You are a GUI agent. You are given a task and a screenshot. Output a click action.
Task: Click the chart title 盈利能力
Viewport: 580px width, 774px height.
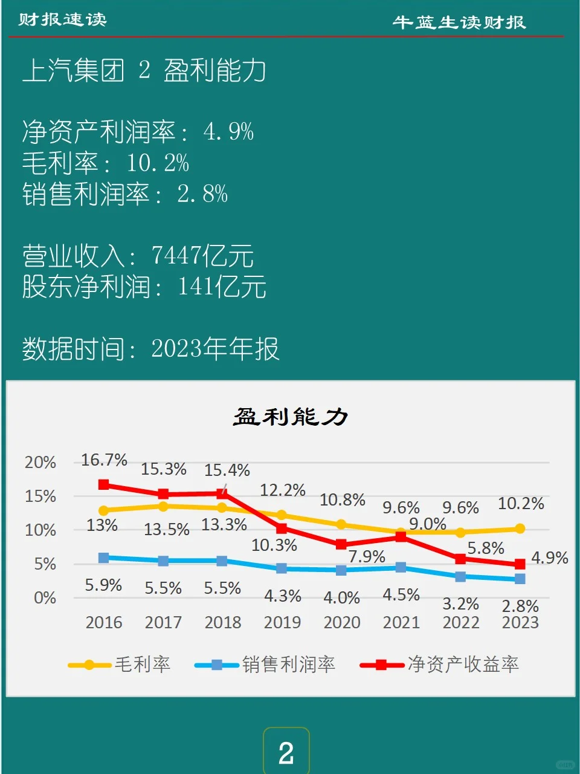tap(291, 417)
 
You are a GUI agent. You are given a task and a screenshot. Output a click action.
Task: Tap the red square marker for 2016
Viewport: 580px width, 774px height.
tap(104, 485)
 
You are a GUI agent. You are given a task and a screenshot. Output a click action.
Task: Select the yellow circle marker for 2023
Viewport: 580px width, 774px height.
tap(520, 529)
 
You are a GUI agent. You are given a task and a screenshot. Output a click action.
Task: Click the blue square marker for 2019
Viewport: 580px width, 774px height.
tap(282, 568)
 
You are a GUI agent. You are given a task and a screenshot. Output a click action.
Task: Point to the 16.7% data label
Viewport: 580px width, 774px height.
tap(104, 460)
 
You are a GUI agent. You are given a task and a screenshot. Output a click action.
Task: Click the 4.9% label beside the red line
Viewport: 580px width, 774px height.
tap(549, 558)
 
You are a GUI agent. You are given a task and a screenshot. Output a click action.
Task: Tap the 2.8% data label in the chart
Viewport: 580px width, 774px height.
tap(520, 606)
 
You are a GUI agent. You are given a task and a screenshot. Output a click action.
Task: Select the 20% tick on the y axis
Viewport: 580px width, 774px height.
tap(40, 463)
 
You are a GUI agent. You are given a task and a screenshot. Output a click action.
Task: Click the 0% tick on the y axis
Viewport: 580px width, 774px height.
tap(45, 598)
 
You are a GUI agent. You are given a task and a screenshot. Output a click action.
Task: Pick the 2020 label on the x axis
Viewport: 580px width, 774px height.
tap(341, 622)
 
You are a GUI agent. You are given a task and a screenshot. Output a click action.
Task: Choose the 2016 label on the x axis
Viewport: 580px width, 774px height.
tap(104, 622)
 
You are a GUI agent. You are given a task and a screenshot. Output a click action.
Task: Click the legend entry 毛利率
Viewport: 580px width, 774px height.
tap(143, 665)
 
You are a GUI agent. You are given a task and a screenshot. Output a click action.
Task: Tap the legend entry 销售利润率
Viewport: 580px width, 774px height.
tap(288, 665)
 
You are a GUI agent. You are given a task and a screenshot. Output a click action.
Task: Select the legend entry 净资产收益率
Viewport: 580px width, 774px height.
tap(463, 665)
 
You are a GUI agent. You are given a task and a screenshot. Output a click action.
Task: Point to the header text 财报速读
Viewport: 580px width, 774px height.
tap(62, 20)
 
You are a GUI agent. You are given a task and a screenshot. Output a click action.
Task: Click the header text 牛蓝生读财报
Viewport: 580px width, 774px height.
tap(459, 23)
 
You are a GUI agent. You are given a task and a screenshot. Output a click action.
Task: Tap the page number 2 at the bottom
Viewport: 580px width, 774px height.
tap(286, 753)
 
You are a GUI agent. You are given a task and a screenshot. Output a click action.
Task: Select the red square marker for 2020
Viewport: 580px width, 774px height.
tap(341, 544)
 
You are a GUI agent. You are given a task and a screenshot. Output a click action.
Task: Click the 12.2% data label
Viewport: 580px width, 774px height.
tap(282, 490)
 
